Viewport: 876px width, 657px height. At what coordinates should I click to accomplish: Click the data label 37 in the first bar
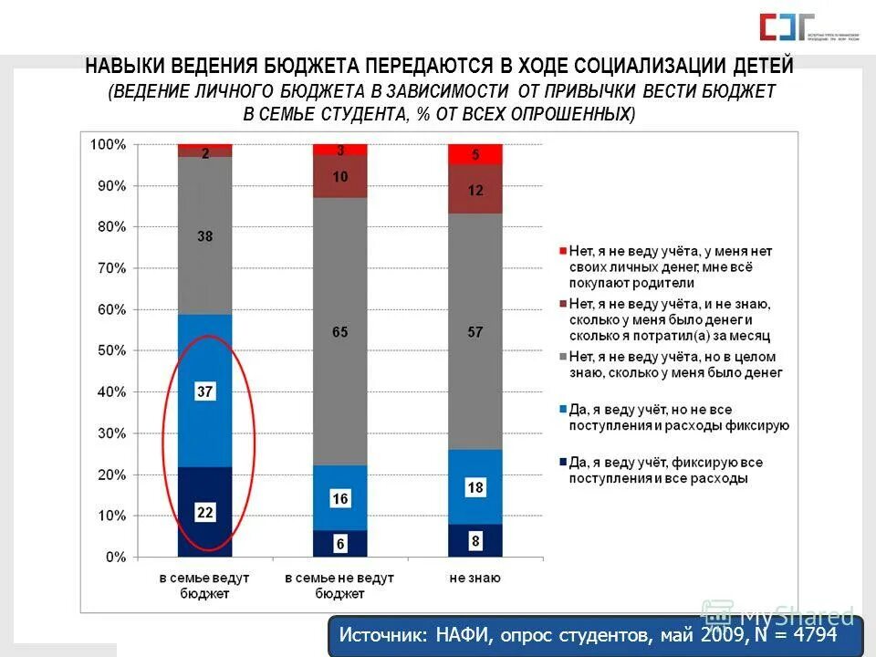tap(204, 392)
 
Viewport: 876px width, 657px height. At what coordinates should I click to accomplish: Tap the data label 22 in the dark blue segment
tap(204, 513)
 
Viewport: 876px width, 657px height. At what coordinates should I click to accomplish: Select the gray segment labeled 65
tap(339, 332)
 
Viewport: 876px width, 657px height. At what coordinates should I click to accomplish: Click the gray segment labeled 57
tap(474, 332)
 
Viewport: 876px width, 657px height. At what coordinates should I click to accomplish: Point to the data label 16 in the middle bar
tap(339, 499)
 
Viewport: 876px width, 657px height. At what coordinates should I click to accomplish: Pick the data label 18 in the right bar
tap(474, 488)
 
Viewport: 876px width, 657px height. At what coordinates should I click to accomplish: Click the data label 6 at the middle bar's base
tap(339, 544)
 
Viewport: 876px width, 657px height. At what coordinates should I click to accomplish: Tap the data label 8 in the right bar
tap(474, 541)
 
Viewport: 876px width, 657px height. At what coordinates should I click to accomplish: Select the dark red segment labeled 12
tap(474, 190)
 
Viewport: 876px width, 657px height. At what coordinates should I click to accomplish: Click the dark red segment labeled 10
tap(339, 177)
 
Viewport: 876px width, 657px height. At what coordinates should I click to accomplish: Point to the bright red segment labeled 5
tap(474, 155)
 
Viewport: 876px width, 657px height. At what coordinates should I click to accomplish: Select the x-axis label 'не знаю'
tap(474, 578)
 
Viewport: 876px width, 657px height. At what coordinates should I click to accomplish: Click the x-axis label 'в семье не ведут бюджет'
tap(339, 585)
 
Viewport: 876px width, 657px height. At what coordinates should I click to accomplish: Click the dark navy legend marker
tap(562, 463)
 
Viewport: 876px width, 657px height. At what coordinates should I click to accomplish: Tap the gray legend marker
tap(562, 357)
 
